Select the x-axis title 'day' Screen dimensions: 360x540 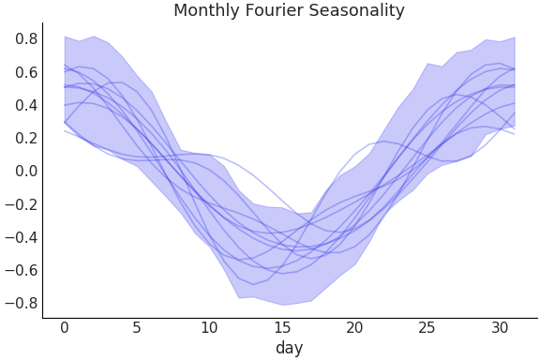289,348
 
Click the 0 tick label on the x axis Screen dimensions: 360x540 65,327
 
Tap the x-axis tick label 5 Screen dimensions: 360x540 137,327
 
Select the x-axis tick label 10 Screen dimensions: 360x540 209,327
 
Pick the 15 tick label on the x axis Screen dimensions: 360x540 282,327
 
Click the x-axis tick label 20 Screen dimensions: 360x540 354,327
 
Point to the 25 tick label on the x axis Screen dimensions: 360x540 427,327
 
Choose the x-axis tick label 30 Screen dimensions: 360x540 500,327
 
